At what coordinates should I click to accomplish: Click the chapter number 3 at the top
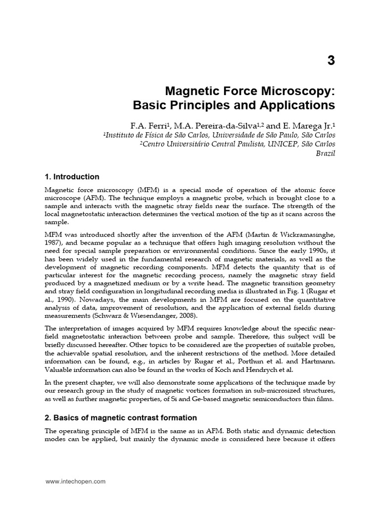pos(331,61)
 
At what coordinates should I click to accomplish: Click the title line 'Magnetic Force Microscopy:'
pos(249,91)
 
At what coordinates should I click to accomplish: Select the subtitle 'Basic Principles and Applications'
pos(234,105)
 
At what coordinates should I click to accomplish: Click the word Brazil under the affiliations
pos(325,153)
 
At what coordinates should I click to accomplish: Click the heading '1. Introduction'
pos(72,177)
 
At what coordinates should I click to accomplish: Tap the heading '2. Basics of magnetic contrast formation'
pos(121,418)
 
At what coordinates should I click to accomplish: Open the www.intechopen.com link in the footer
pos(76,481)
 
